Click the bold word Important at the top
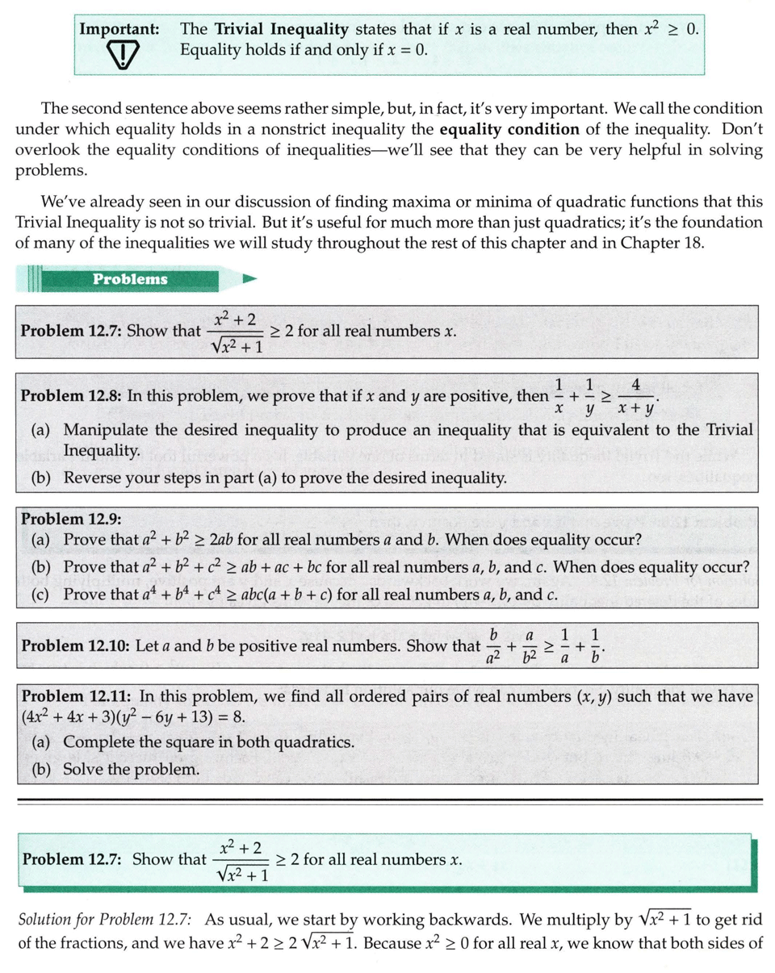click(118, 29)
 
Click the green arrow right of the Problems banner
click(249, 279)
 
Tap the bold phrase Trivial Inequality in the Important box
click(282, 30)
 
